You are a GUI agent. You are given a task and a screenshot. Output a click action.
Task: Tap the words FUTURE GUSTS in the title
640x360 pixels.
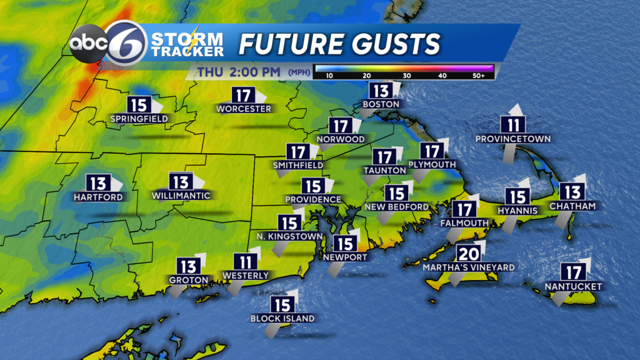tap(340, 44)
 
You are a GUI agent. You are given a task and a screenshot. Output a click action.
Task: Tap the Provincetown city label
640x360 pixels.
tap(512, 138)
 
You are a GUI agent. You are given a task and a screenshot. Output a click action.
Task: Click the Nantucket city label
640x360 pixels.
tap(572, 286)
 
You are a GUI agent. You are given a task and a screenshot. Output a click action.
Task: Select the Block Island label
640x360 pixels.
tap(282, 318)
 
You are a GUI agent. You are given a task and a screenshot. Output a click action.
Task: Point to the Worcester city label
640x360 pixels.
tap(244, 109)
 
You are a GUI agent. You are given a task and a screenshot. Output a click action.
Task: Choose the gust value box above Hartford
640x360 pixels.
tap(98, 184)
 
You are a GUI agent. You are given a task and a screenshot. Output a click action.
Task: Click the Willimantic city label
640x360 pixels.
tap(181, 196)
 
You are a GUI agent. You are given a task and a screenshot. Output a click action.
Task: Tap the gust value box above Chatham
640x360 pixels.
tap(572, 191)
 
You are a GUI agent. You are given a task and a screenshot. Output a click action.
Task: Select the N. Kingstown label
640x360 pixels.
tap(289, 237)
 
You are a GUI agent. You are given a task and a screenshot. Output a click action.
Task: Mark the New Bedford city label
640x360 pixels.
tap(396, 207)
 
